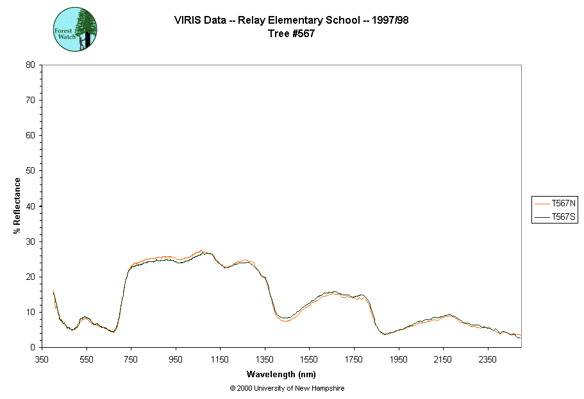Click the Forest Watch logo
(x=75, y=29)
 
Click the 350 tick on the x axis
(x=42, y=359)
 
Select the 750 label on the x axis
(x=131, y=359)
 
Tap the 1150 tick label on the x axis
(x=220, y=359)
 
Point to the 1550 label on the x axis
(x=309, y=359)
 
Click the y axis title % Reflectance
(x=17, y=206)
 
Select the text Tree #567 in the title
(x=292, y=34)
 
